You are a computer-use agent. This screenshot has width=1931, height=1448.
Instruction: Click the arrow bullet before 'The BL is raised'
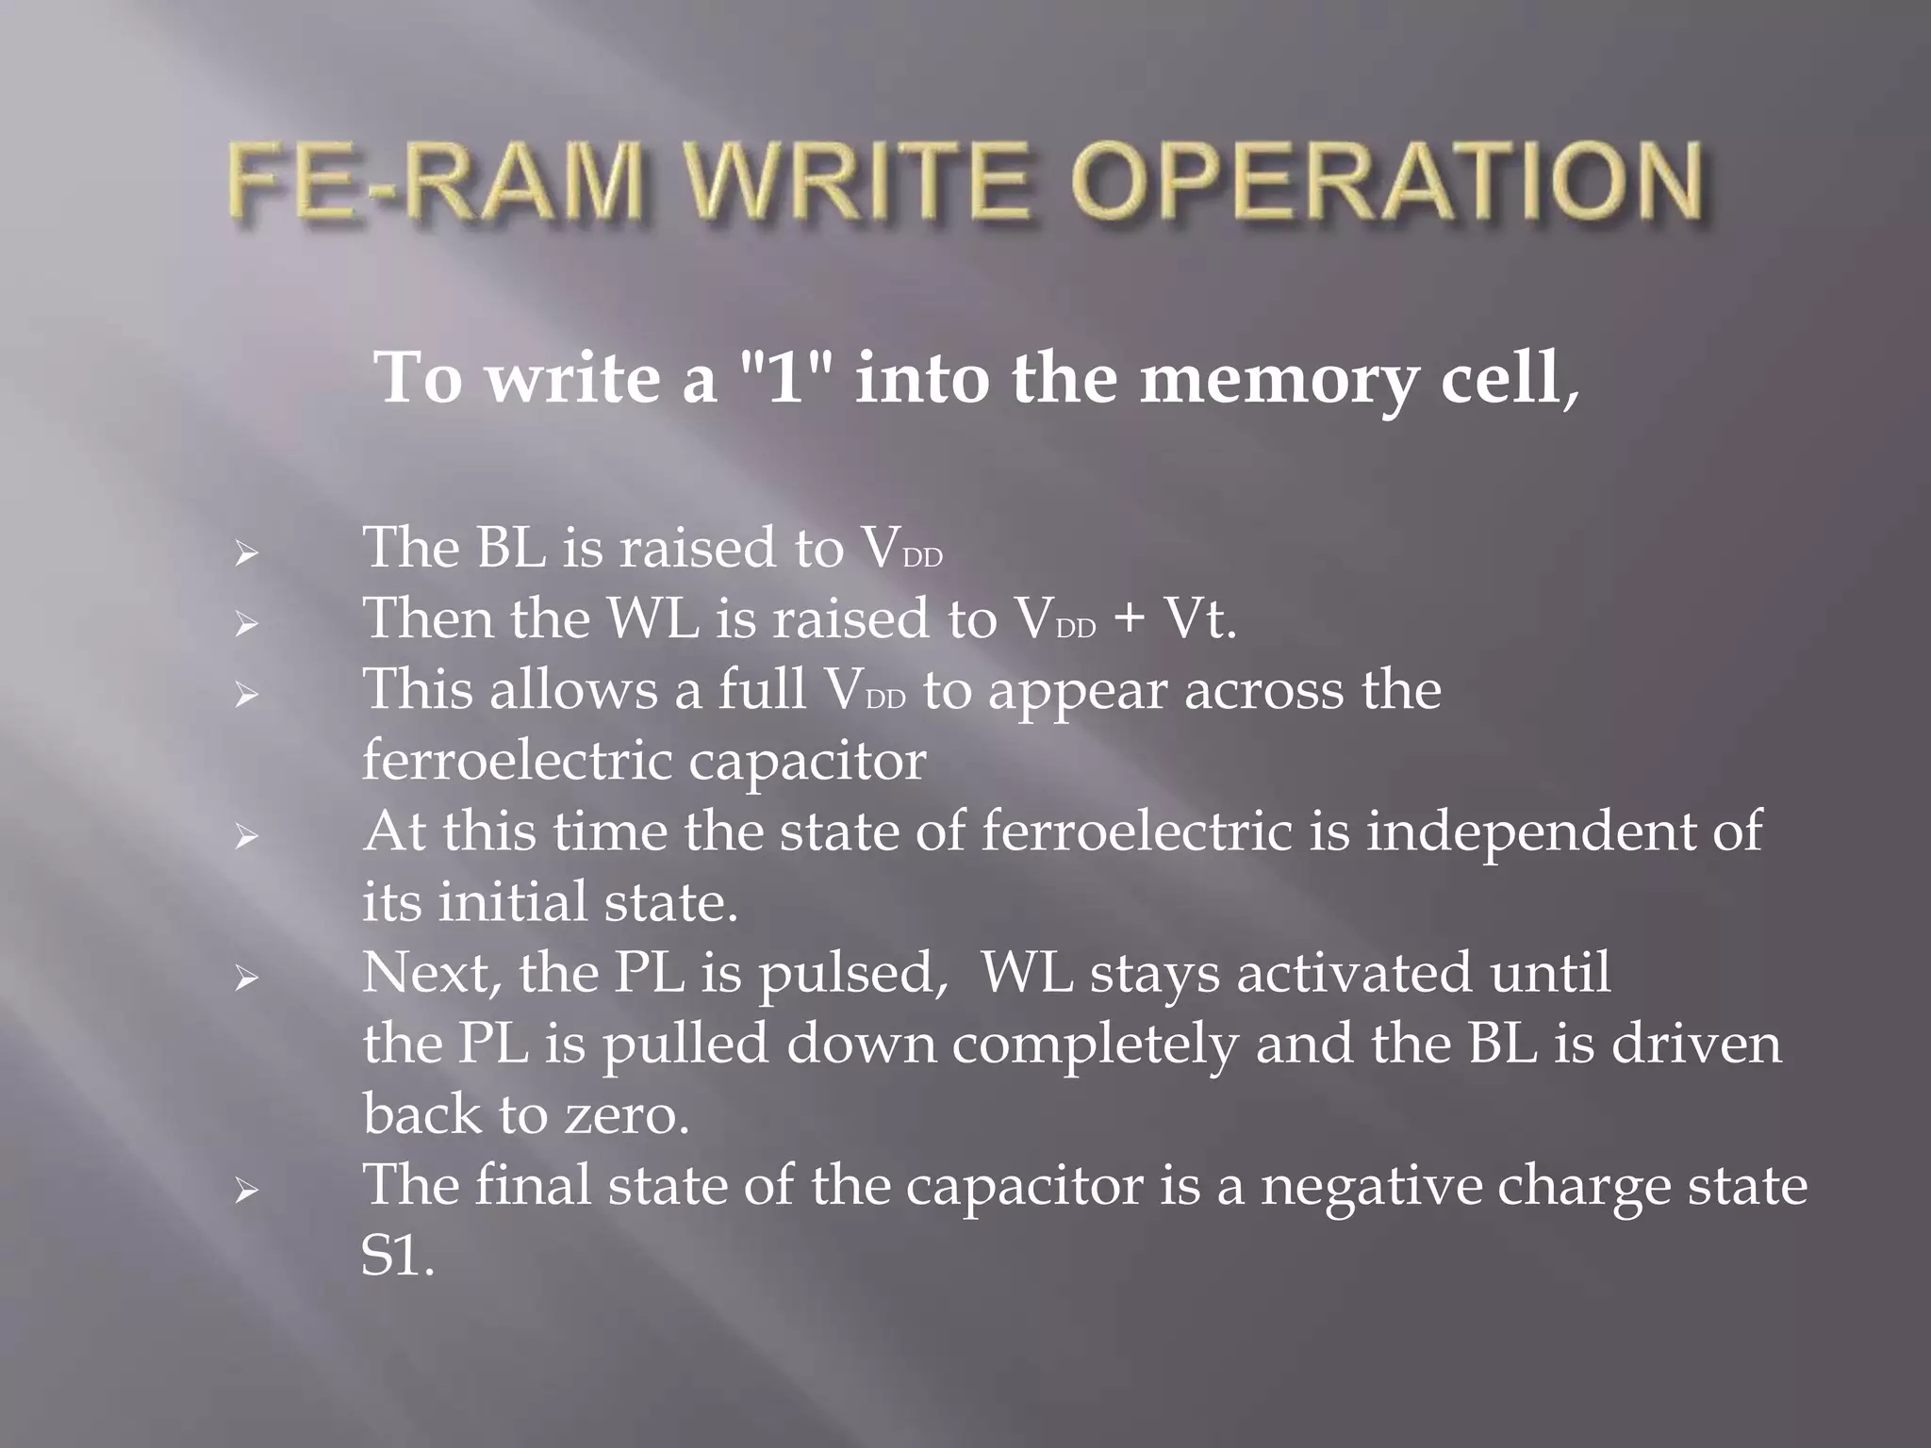(246, 553)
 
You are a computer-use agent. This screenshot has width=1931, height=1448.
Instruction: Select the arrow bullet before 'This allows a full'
(246, 695)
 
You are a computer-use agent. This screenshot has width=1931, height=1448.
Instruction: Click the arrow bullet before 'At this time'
(246, 836)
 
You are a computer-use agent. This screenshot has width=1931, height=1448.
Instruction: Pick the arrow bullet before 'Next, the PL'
(246, 979)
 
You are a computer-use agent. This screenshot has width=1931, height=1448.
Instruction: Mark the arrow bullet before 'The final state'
(246, 1191)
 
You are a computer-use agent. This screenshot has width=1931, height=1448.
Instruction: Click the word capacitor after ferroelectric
(807, 763)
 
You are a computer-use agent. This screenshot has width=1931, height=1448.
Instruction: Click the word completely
(1094, 1045)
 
